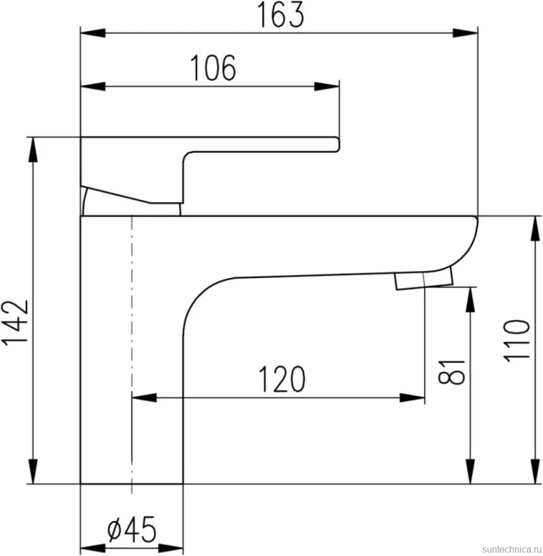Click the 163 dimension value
click(280, 15)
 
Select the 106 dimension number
click(213, 68)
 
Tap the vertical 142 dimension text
click(15, 322)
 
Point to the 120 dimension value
click(282, 379)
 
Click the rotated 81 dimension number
click(451, 372)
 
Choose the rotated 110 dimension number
click(517, 340)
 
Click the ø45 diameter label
click(132, 530)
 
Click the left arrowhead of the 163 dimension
click(93, 33)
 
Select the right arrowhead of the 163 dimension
click(465, 33)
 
